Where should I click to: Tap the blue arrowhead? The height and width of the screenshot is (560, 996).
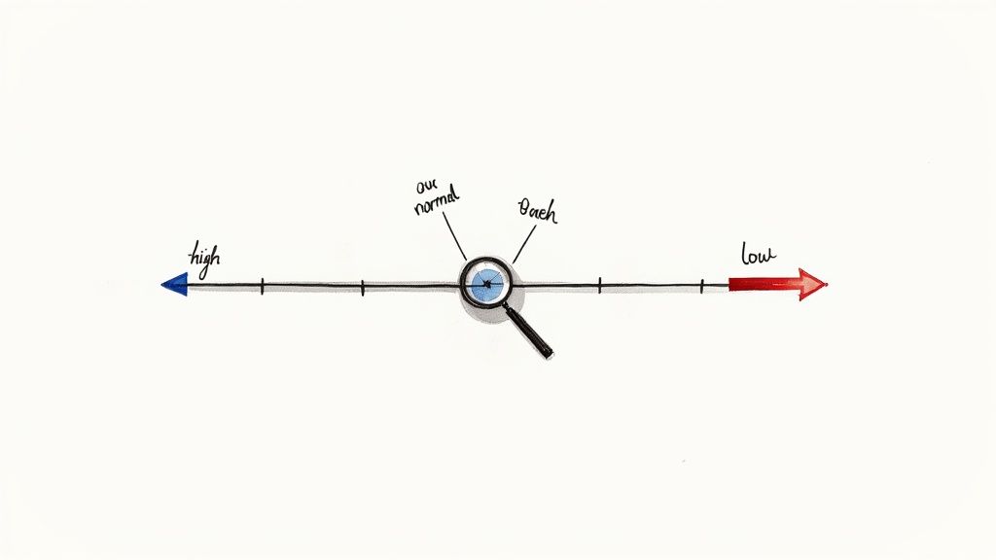(175, 284)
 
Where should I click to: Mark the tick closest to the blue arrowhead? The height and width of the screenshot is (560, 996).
(262, 286)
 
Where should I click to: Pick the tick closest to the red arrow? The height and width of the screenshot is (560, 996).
(702, 286)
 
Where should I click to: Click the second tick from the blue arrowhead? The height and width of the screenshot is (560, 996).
(362, 287)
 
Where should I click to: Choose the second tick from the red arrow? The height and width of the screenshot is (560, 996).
(600, 286)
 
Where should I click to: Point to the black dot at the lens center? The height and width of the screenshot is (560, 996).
(486, 284)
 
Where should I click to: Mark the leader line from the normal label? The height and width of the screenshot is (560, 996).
(453, 239)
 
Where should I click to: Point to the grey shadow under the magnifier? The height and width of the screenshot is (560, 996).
(477, 313)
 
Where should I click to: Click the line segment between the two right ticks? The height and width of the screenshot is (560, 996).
(652, 286)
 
